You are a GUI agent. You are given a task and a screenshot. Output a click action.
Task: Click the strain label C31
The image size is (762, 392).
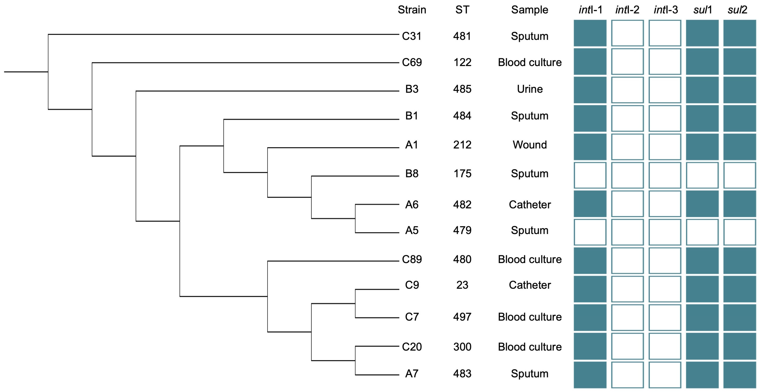412,36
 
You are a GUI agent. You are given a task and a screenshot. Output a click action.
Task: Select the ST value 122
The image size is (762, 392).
462,63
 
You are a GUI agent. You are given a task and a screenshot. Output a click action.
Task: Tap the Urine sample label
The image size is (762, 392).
530,89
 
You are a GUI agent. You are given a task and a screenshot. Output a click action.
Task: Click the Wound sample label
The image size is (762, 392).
530,145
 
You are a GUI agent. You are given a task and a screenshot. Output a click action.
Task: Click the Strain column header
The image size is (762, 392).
412,10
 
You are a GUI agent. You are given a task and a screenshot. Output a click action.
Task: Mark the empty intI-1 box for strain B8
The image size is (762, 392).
590,175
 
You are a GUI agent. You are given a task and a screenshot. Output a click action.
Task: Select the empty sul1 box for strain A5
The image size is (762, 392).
702,232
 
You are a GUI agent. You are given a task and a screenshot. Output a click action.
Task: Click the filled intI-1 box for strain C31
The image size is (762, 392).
590,33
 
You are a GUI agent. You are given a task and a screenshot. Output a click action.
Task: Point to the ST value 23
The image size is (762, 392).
462,285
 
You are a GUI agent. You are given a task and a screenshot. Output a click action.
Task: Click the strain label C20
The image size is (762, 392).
412,347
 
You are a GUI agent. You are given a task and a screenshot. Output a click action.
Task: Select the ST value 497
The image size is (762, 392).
462,317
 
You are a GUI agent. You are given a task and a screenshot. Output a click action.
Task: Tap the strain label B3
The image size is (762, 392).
412,89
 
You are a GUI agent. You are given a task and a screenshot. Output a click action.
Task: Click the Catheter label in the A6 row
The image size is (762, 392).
530,205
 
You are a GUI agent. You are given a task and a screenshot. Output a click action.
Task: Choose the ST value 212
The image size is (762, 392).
462,145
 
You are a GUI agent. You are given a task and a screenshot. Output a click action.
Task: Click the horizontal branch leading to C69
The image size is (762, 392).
245,63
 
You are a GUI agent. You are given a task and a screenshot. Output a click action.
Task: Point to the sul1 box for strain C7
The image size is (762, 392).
702,318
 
